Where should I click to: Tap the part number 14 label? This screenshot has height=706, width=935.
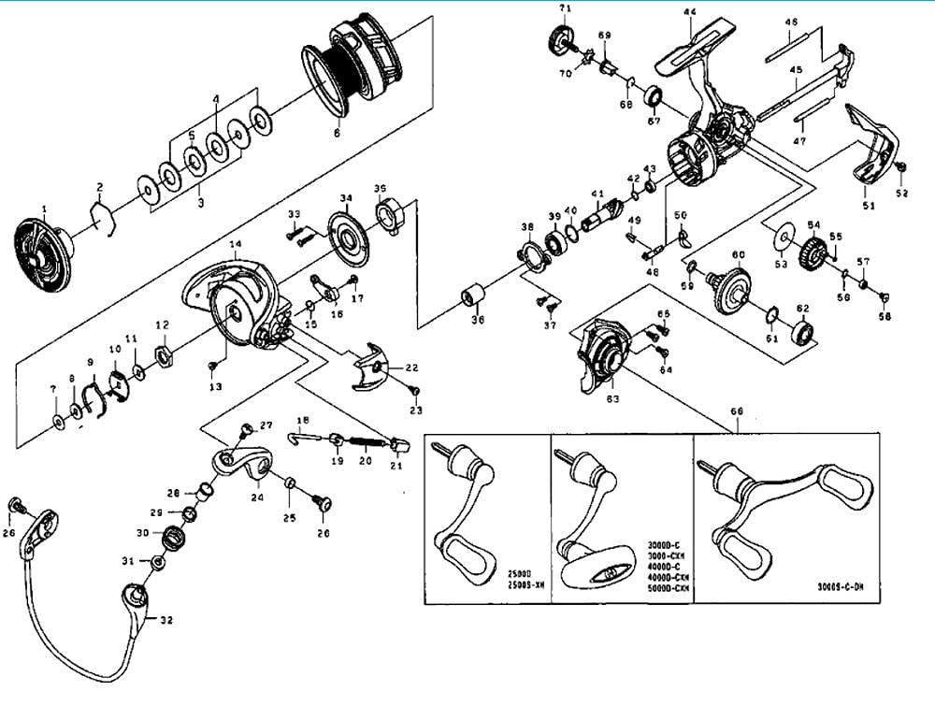pyautogui.click(x=235, y=244)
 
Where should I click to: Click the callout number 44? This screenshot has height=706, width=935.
pyautogui.click(x=690, y=12)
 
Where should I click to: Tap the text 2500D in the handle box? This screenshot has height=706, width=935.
pyautogui.click(x=520, y=574)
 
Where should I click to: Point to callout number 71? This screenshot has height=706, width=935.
pyautogui.click(x=565, y=8)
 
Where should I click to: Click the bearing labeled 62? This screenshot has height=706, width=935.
pyautogui.click(x=802, y=333)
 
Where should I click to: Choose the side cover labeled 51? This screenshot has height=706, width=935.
pyautogui.click(x=873, y=150)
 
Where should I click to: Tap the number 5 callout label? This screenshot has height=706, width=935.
pyautogui.click(x=193, y=135)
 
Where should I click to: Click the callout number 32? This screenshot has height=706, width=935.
pyautogui.click(x=166, y=619)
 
